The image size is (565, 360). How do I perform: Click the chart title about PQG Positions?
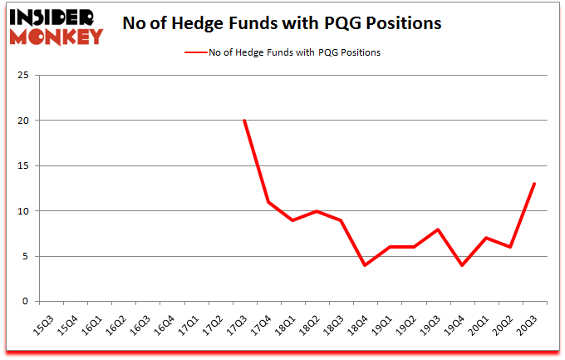tap(282, 23)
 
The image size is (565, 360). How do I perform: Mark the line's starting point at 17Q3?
tap(244, 121)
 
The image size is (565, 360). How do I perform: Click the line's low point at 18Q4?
tap(365, 265)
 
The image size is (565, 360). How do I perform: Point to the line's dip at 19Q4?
tap(462, 265)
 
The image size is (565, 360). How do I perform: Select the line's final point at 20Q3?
tap(534, 184)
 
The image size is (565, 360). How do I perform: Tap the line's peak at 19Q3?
tap(438, 229)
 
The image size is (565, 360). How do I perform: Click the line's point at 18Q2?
tap(317, 211)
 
